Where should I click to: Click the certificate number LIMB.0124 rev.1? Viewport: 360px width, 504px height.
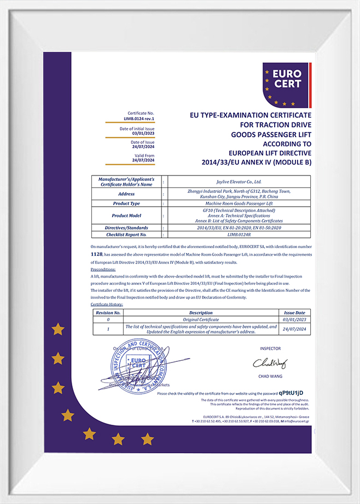pos(139,118)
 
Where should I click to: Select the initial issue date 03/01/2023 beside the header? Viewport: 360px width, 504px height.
pos(143,133)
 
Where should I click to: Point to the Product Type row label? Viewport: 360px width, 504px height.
pos(126,203)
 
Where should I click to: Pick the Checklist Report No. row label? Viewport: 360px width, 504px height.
pos(126,235)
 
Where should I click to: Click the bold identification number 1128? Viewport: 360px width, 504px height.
pos(96,255)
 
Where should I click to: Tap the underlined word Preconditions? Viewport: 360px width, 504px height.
pos(103,269)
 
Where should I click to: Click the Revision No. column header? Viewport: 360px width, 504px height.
pos(108,313)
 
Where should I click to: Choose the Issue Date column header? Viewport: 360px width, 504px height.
pos(294,313)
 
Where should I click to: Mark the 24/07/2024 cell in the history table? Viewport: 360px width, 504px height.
pos(294,329)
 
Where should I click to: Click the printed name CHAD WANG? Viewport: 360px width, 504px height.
pos(269,377)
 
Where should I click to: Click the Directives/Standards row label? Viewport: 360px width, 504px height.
pos(126,227)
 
